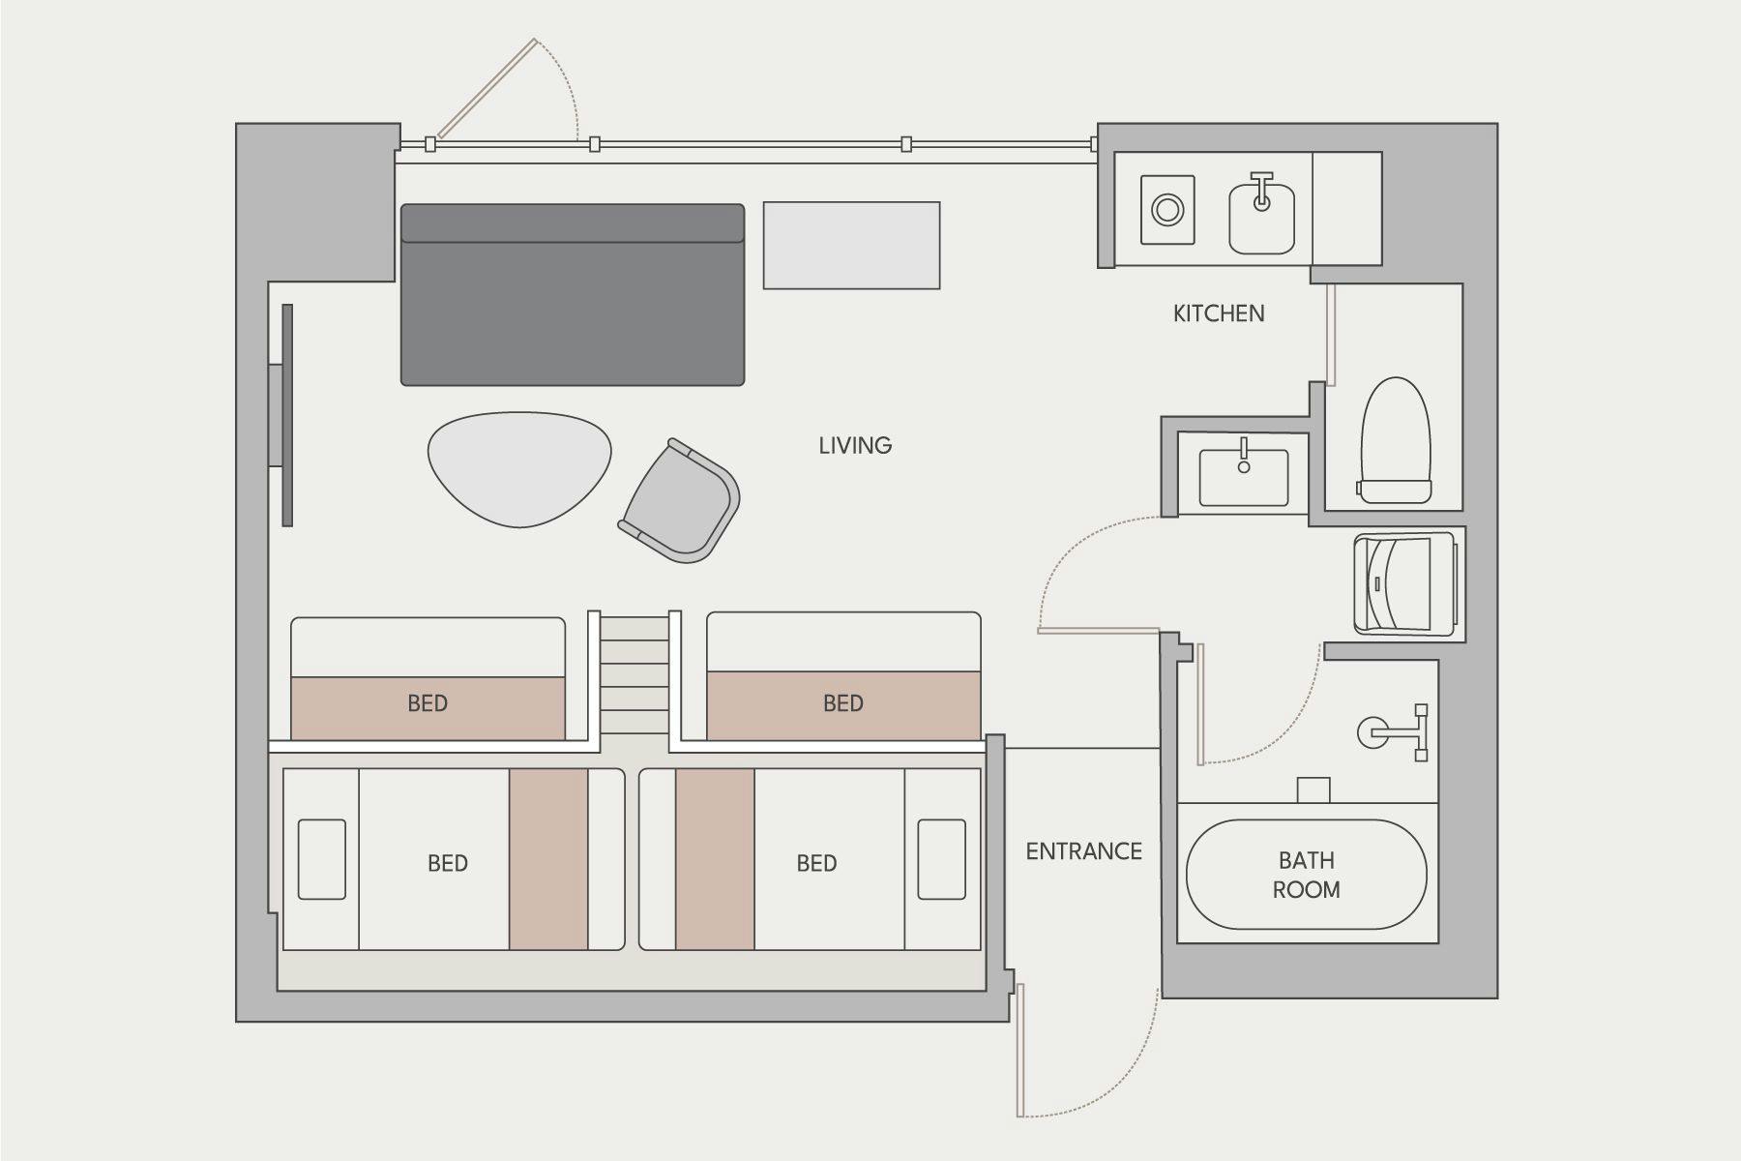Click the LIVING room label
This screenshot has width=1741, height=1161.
tap(855, 445)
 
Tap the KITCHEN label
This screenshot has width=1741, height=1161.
tap(1219, 313)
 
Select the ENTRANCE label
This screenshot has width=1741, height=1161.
tap(1083, 851)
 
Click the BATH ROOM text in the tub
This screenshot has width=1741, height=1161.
tap(1306, 875)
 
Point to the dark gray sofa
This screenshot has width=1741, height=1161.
tap(573, 294)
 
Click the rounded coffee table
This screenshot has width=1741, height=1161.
tap(520, 469)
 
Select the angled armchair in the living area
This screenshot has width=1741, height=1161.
tap(679, 501)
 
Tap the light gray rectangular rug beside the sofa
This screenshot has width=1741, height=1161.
tap(851, 245)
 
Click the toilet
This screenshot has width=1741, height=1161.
tap(1395, 440)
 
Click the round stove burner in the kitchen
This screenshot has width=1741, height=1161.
tap(1167, 209)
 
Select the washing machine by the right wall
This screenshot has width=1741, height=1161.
tap(1404, 583)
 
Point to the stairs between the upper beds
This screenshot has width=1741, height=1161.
tap(634, 674)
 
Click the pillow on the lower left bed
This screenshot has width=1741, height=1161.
tap(322, 859)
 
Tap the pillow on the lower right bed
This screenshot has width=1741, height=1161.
tap(941, 859)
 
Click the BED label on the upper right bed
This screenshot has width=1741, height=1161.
tap(843, 703)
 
